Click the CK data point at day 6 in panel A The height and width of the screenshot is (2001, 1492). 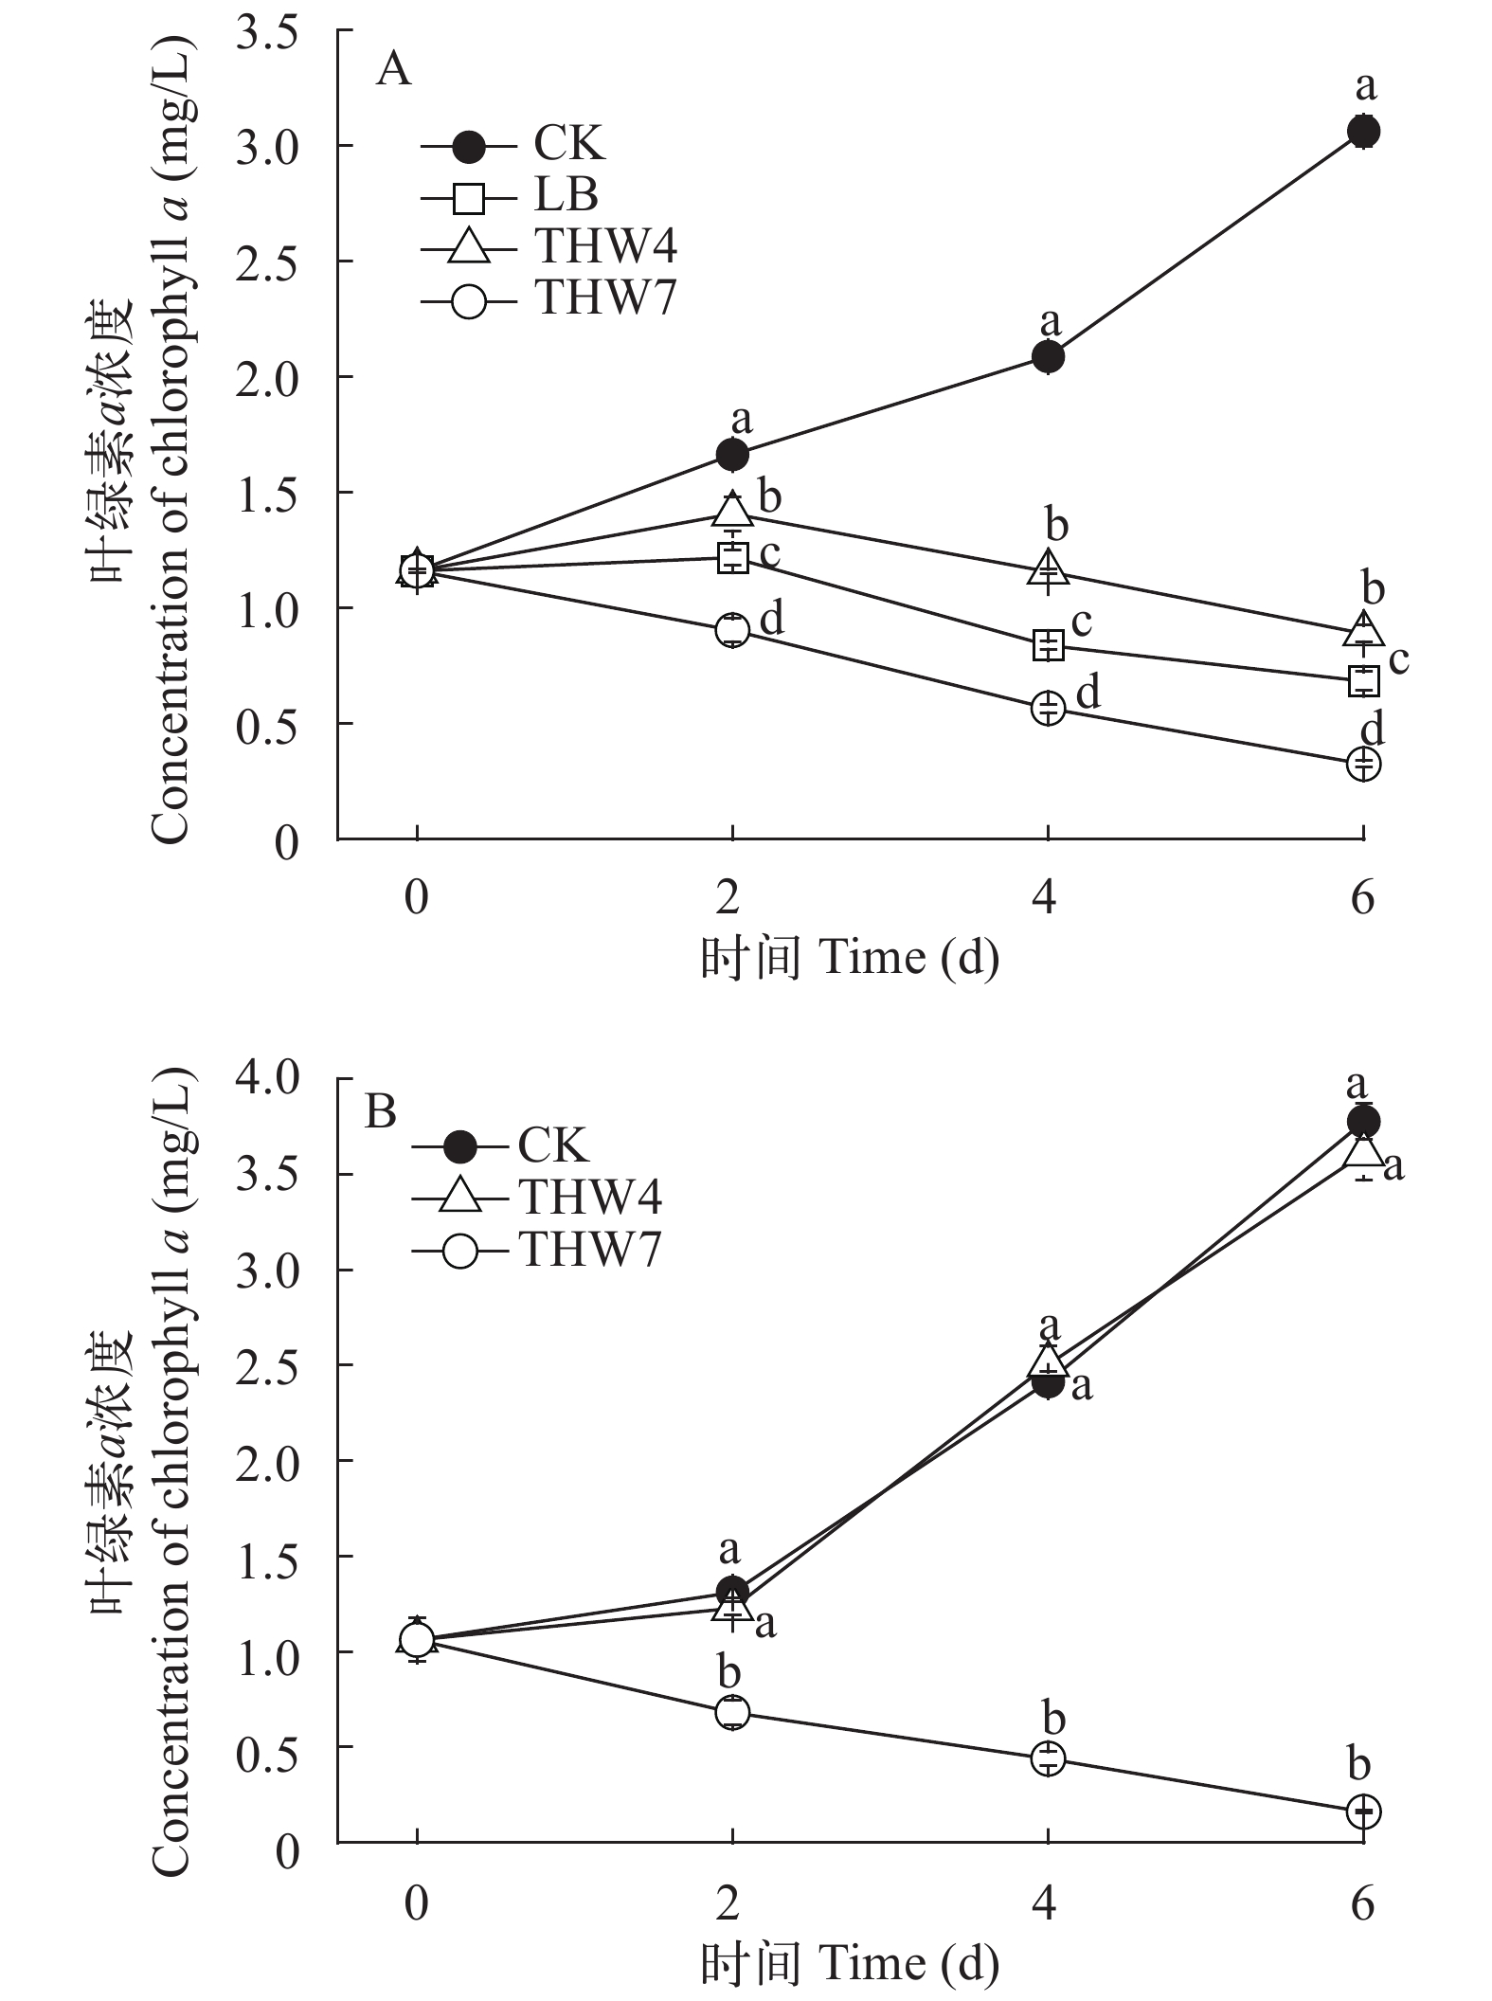pos(1363,131)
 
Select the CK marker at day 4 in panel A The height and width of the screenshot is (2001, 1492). pos(1048,357)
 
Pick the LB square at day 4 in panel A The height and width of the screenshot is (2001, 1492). pos(1048,645)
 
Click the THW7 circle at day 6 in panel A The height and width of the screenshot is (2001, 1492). pos(1363,763)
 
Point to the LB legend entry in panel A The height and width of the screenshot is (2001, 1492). pos(566,195)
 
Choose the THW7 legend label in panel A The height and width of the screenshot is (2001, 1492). pos(606,298)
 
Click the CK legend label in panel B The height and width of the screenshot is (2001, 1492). pos(553,1146)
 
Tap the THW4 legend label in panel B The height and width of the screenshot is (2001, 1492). pos(589,1198)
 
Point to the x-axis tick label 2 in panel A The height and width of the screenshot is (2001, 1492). pos(728,897)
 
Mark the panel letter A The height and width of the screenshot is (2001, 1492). pos(394,69)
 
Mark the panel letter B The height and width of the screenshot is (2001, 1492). pos(381,1111)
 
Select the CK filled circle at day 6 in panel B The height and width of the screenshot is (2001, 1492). pos(1363,1122)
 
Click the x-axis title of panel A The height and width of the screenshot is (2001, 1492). pos(850,959)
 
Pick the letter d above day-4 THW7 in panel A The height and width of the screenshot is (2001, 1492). pos(1088,693)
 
